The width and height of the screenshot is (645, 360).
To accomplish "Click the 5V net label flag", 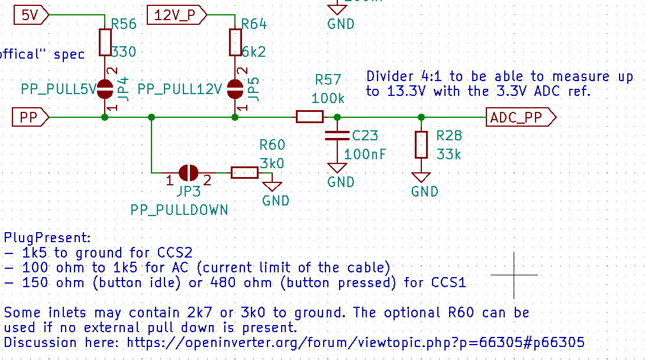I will click(x=29, y=15).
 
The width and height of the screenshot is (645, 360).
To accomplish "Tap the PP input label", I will click(x=30, y=117).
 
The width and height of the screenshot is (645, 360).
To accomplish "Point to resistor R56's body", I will click(x=105, y=41).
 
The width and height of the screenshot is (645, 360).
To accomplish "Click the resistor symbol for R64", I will click(x=235, y=41).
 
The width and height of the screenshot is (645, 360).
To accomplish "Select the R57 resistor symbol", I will click(x=309, y=117).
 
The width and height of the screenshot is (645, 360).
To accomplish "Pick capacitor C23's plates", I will click(x=337, y=136).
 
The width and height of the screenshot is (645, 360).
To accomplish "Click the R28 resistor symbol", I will click(x=421, y=145).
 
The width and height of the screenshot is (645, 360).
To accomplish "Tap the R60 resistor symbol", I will click(x=244, y=173).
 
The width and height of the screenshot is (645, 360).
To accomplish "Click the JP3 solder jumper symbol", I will click(x=189, y=173).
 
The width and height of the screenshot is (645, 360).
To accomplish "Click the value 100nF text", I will click(x=365, y=155).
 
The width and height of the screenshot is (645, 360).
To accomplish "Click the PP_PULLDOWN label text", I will click(x=179, y=210).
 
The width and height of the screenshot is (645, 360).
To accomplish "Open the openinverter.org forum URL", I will click(x=356, y=342).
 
